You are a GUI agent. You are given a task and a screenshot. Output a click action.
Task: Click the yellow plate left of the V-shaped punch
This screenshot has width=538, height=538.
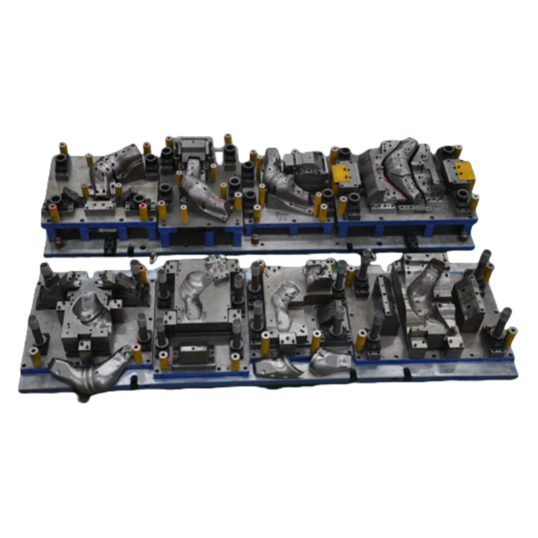(344, 174)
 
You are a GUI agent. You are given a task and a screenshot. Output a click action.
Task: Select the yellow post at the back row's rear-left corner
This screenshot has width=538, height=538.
(63, 149)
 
